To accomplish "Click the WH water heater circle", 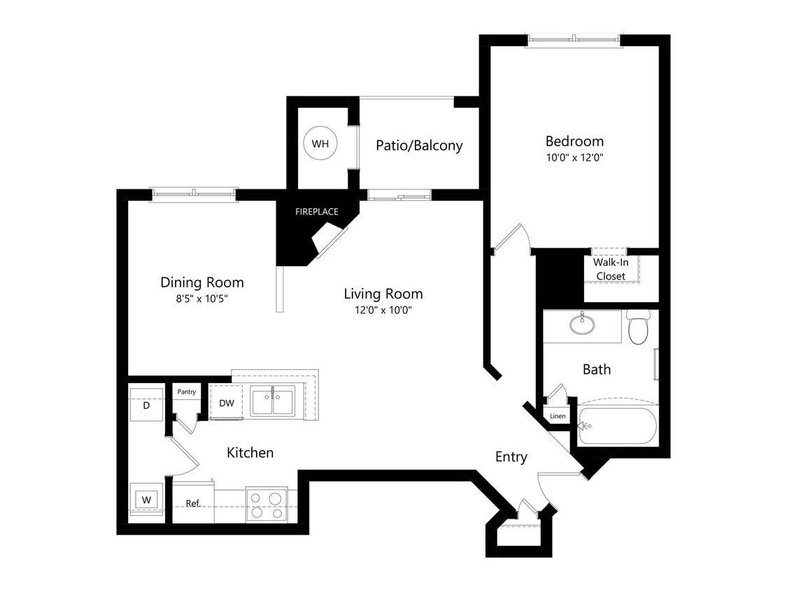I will (x=320, y=144).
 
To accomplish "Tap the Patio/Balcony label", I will (x=419, y=145).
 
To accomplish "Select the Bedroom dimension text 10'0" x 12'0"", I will (x=574, y=157).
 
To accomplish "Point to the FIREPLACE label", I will (x=317, y=211).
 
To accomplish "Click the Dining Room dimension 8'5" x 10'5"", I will (x=202, y=298).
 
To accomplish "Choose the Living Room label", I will (x=383, y=294).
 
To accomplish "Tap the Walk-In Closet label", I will (x=611, y=269).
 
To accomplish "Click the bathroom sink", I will (x=580, y=324).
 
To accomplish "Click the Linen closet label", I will (x=558, y=417).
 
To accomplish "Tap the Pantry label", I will (x=186, y=392).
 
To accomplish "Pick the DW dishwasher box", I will (x=227, y=403).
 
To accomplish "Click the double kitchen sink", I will (x=272, y=403).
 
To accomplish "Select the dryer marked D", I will (x=146, y=405).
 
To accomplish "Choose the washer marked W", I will (x=146, y=500).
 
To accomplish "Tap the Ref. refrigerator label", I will (x=193, y=503).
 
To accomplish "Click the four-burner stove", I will (x=267, y=505).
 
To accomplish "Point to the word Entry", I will (x=511, y=456).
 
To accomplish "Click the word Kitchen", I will (x=250, y=452).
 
